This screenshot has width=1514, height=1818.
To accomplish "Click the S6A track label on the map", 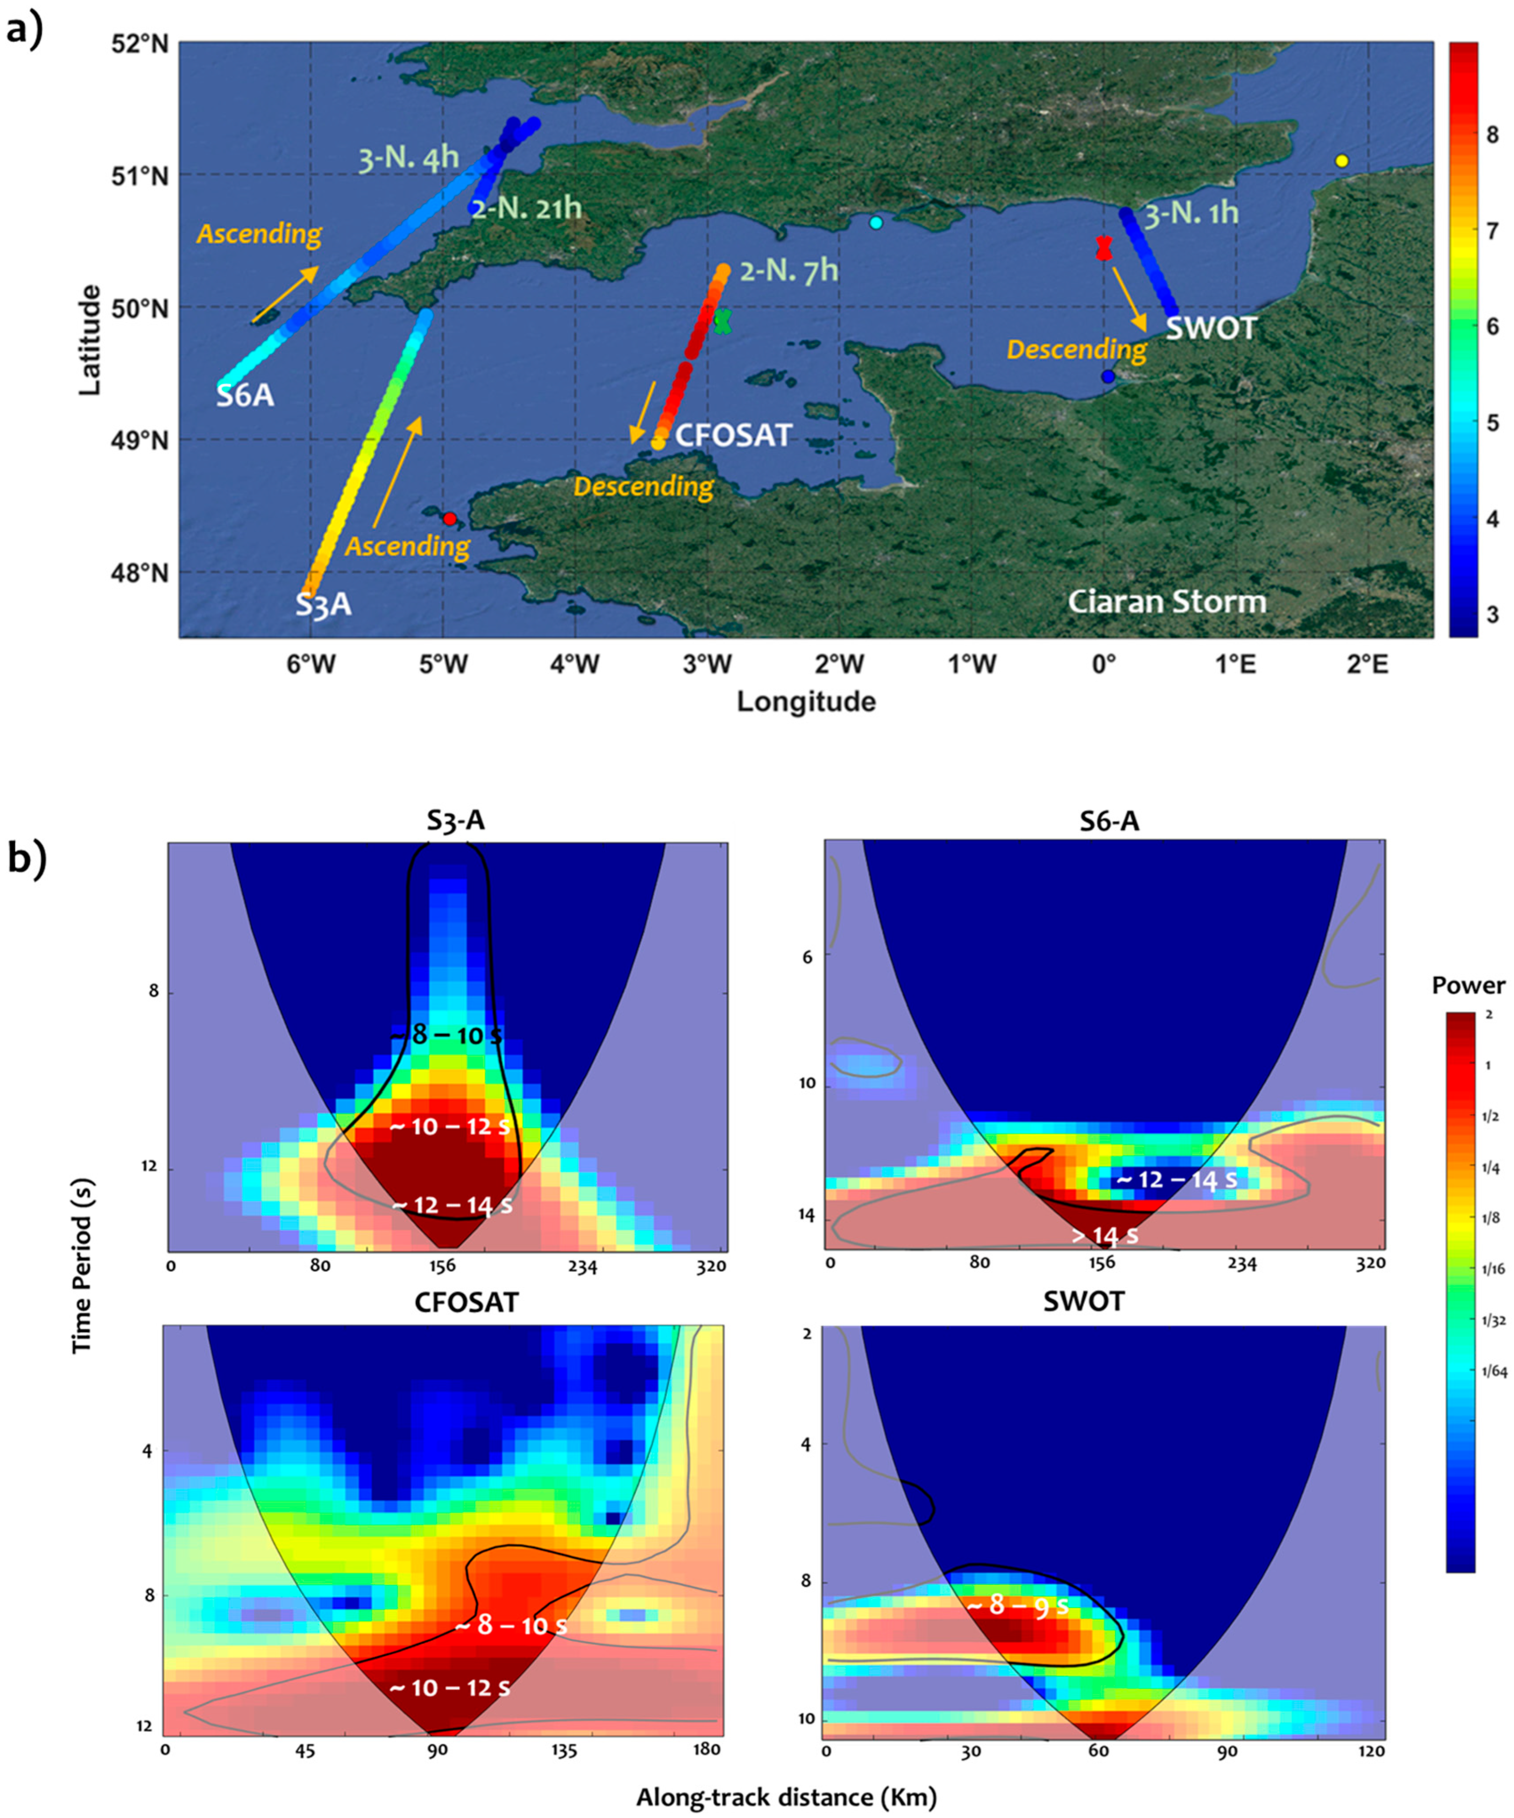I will click(x=245, y=396).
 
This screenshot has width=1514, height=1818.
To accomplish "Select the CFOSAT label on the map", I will click(x=733, y=434).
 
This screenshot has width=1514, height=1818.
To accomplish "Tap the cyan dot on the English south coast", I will click(x=876, y=223).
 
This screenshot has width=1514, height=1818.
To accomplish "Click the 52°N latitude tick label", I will click(x=139, y=43).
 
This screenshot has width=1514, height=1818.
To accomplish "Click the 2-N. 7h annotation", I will click(x=789, y=271).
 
